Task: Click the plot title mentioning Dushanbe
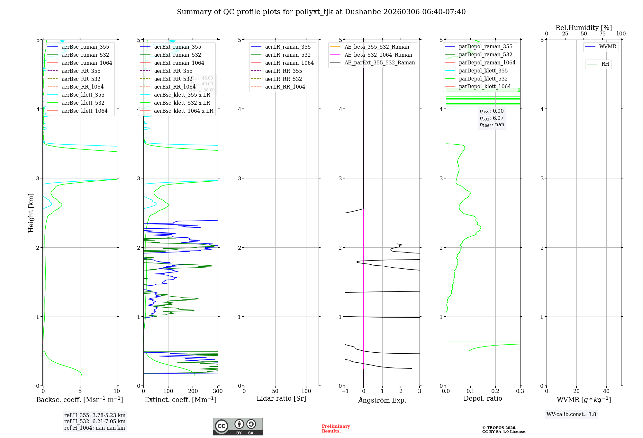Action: tap(321, 12)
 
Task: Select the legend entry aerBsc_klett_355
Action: tap(83, 95)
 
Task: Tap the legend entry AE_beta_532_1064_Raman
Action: tap(378, 55)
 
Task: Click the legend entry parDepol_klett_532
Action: tap(483, 79)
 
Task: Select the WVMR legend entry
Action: tap(608, 47)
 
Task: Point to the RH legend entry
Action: tap(605, 64)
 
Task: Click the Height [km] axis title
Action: tap(31, 213)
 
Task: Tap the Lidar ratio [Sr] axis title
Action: tap(281, 398)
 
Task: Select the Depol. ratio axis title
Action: tap(483, 398)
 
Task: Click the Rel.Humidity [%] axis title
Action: tap(584, 28)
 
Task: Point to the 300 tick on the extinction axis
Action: tap(218, 391)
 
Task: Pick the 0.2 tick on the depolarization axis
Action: tap(495, 391)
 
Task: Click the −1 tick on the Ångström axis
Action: tap(345, 391)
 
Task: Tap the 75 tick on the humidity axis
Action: tap(602, 34)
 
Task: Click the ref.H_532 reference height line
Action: tap(95, 421)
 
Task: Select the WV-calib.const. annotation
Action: tap(571, 414)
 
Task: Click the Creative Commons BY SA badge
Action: tap(238, 426)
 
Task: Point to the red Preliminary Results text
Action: tap(336, 428)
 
